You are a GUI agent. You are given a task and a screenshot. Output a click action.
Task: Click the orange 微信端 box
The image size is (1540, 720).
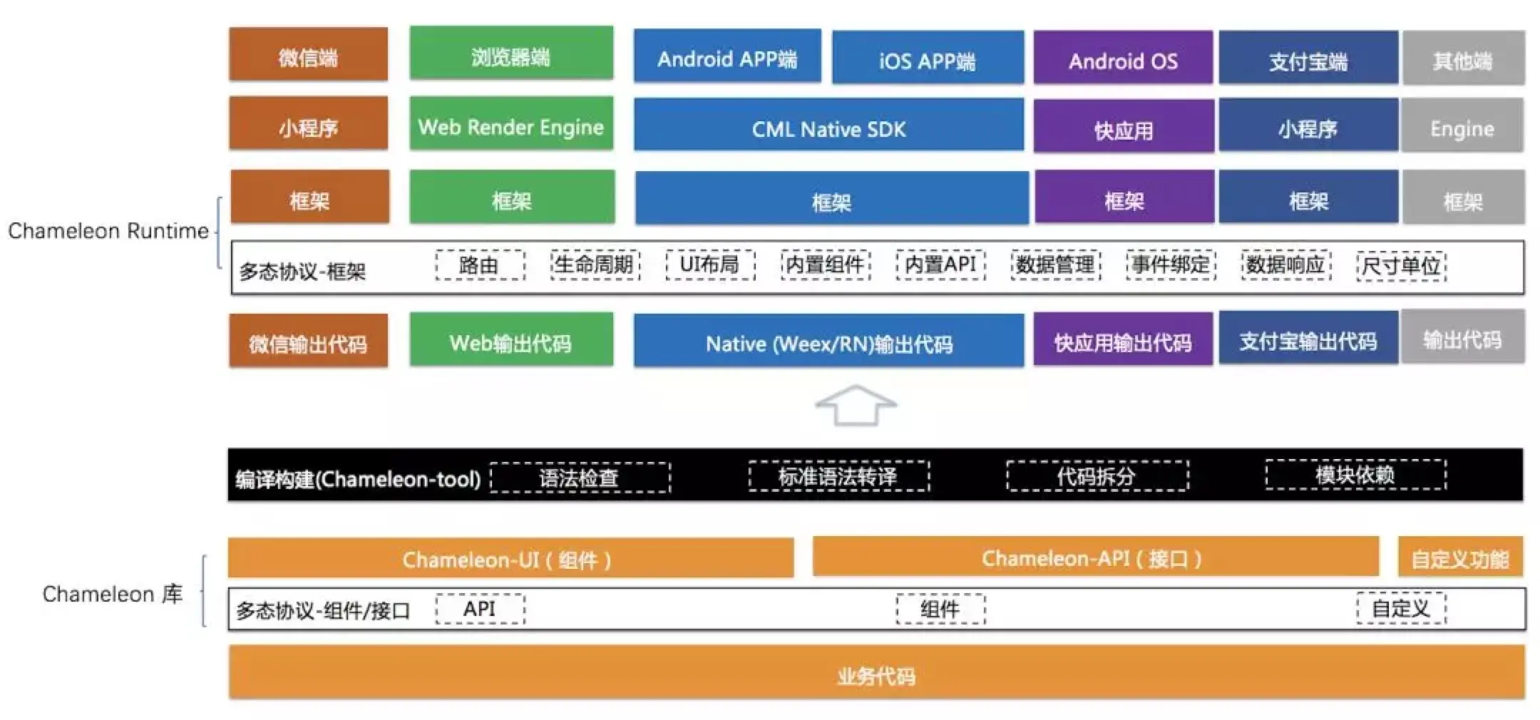point(308,55)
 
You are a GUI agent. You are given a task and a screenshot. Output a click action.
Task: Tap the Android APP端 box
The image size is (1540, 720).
point(727,56)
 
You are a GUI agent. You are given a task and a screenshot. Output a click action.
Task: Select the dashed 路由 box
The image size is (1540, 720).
point(480,265)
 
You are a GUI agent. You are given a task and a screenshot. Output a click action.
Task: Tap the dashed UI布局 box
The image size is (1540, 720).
point(710,265)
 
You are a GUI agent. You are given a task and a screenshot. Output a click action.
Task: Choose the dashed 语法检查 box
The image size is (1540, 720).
point(580,478)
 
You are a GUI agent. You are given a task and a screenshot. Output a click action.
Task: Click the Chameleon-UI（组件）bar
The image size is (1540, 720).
point(510,558)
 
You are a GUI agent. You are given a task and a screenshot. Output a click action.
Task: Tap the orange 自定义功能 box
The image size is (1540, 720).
point(1460,557)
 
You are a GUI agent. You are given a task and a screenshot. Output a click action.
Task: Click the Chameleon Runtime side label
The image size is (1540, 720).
point(108,231)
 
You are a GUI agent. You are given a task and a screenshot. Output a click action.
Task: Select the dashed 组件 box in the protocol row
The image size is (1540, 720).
point(940,610)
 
